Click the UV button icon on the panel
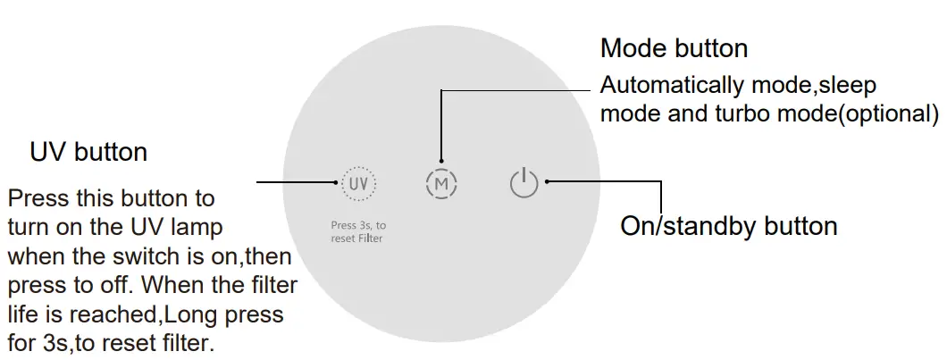tap(358, 183)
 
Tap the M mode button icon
tap(441, 184)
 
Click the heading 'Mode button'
tap(674, 47)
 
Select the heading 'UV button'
tap(88, 152)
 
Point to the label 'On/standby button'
tap(728, 226)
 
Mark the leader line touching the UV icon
tap(299, 182)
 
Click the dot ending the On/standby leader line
tap(547, 182)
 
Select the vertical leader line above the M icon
tap(441, 125)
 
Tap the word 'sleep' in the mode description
tap(846, 87)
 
